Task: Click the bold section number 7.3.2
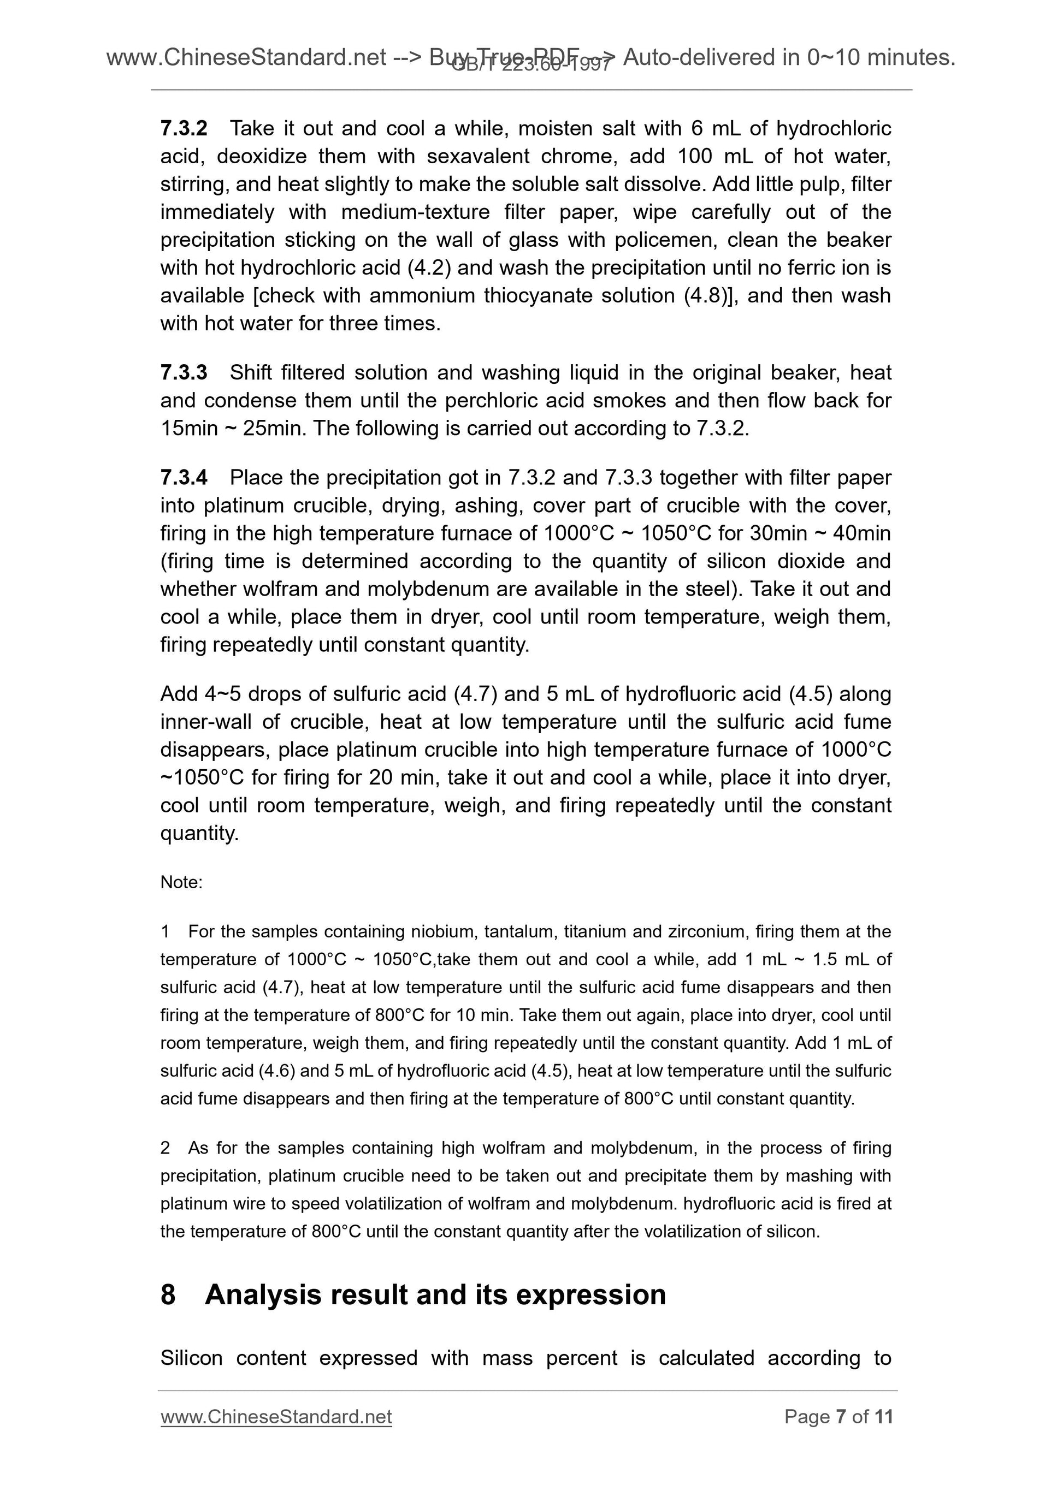point(184,128)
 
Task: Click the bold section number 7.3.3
point(184,372)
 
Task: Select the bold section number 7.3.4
point(184,478)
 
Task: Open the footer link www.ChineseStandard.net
point(276,1417)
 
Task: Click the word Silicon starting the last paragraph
point(191,1358)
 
